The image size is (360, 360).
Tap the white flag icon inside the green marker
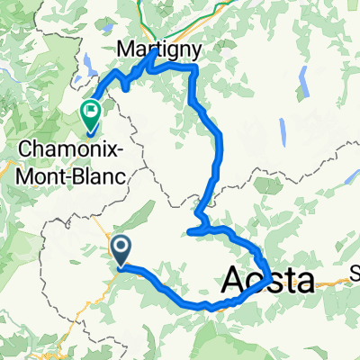[91, 112]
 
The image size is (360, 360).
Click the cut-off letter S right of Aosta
[354, 280]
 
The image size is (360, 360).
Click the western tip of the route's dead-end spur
[190, 234]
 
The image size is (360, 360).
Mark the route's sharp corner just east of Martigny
[193, 68]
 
